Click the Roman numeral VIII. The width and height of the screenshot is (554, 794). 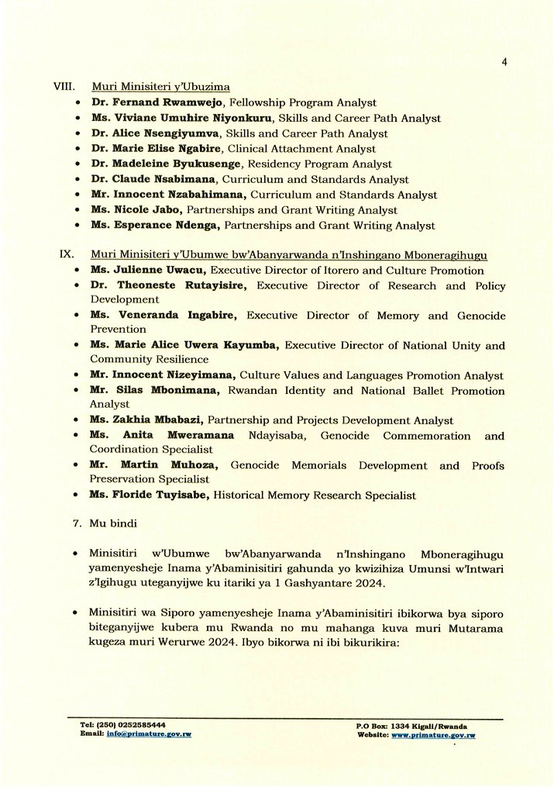(x=63, y=87)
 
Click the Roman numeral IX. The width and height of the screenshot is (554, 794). (x=66, y=255)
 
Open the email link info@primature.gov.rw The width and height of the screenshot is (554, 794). (x=149, y=734)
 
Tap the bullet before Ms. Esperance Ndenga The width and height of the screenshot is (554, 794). (x=78, y=226)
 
